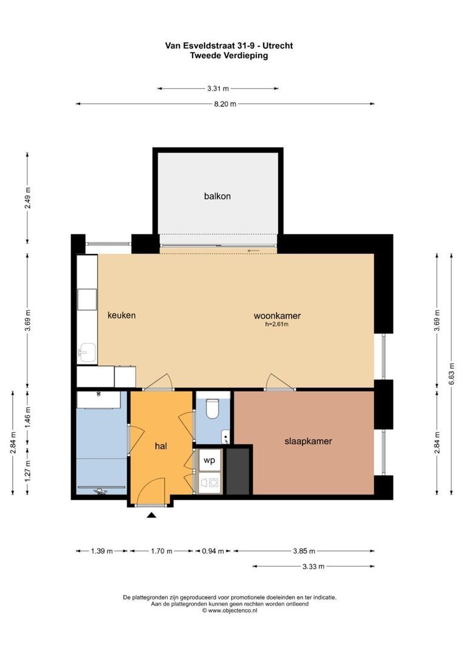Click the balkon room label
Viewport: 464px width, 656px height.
(x=217, y=196)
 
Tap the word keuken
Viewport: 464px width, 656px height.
(x=121, y=315)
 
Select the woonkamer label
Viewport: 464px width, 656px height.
(x=277, y=316)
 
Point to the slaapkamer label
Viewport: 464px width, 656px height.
(x=308, y=441)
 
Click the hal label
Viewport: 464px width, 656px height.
(x=161, y=446)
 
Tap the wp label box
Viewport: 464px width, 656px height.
(x=209, y=460)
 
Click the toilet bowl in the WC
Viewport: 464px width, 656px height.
(x=213, y=409)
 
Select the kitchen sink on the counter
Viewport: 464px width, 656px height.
(x=87, y=352)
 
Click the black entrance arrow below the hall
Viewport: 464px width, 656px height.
(x=151, y=515)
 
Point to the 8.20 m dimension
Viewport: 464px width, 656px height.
(x=225, y=104)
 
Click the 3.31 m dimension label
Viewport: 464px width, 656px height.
(x=218, y=88)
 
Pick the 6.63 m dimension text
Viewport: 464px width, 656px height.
(x=452, y=373)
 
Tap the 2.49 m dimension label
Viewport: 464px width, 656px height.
(x=27, y=198)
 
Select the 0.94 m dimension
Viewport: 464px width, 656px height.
(x=213, y=551)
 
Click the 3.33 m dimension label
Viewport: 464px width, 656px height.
(x=313, y=567)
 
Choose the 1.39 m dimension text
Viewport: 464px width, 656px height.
(x=101, y=551)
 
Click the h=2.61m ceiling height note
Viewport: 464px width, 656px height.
(x=277, y=324)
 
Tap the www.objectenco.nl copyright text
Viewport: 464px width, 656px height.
(x=230, y=610)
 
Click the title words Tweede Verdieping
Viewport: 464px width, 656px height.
(x=229, y=55)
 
